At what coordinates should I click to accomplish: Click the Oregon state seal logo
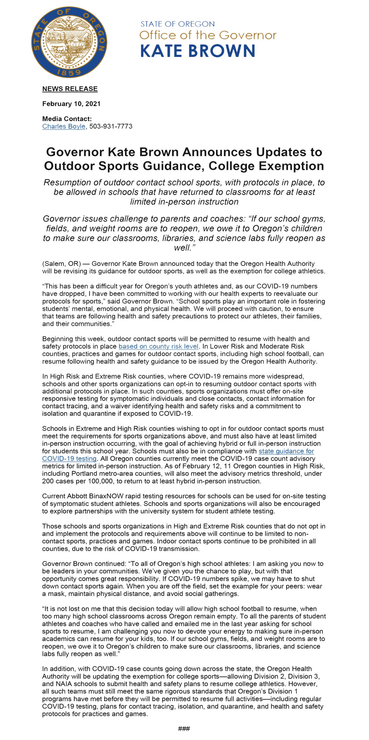[69, 42]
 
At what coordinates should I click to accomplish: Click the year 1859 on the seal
[69, 72]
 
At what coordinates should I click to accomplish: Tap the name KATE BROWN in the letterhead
[198, 51]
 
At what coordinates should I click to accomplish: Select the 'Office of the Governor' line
[208, 36]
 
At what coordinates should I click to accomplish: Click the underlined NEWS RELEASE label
[70, 89]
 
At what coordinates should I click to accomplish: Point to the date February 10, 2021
[71, 104]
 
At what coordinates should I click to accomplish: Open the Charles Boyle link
[64, 127]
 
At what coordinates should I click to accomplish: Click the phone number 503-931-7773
[111, 127]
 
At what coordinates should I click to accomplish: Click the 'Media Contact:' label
[67, 119]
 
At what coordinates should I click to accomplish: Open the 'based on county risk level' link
[158, 346]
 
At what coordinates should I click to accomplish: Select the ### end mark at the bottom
[184, 729]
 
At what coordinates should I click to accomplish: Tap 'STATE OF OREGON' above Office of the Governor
[177, 24]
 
